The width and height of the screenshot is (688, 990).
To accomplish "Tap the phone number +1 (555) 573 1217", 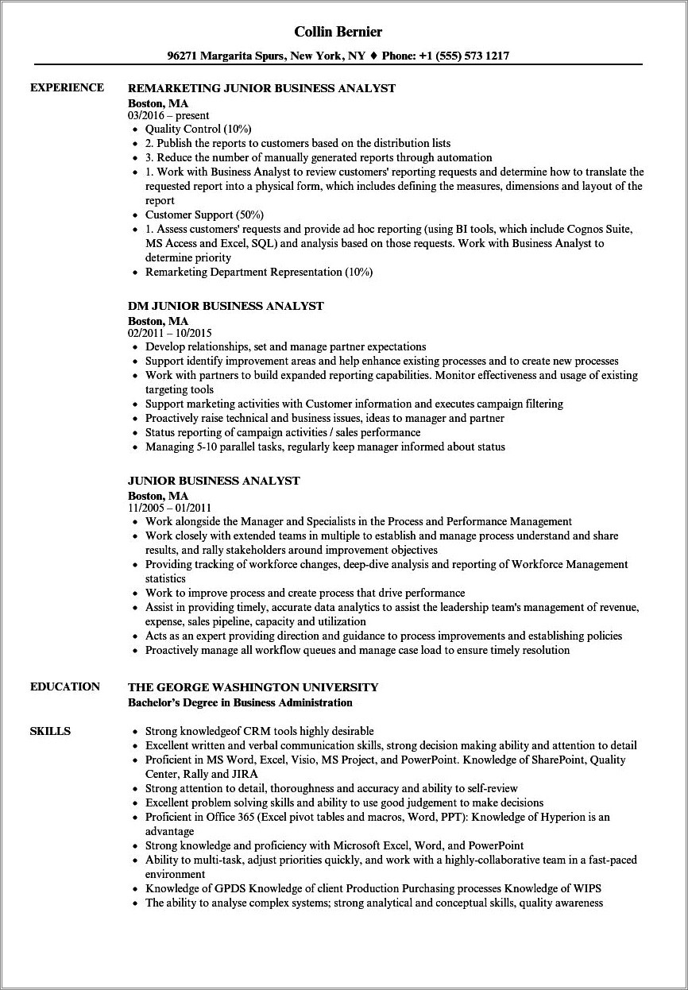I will click(462, 56).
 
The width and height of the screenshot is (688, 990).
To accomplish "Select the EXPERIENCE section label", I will click(67, 87).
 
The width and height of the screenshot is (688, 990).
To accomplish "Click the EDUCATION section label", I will click(65, 686).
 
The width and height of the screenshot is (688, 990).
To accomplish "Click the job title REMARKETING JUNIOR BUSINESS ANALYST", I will click(261, 88).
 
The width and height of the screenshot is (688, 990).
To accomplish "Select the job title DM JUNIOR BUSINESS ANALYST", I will click(226, 306).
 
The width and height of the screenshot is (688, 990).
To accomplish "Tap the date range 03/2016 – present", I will click(169, 115).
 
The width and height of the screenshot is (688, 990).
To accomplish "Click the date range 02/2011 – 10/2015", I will click(169, 333).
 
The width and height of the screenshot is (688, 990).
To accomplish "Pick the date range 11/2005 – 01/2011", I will click(169, 508).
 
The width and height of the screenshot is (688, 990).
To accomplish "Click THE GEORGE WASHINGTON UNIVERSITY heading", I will click(253, 687).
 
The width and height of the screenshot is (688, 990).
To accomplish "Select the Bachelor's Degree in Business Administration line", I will click(240, 702).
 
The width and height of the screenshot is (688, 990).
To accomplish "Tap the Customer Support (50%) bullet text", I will click(204, 215).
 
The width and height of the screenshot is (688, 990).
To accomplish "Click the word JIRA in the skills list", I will click(239, 773).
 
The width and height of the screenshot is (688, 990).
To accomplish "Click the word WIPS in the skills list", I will click(589, 888).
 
